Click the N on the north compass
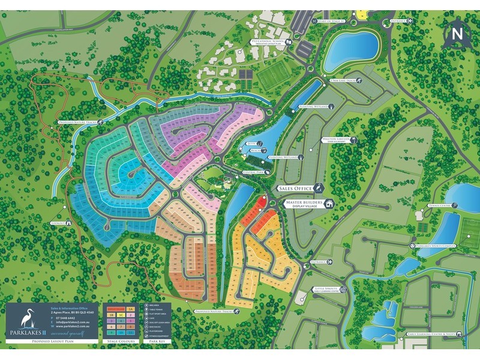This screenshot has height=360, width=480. tap(457, 34)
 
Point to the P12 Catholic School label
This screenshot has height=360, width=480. tap(268, 42)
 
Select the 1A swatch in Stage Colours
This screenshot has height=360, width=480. tap(130, 308)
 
